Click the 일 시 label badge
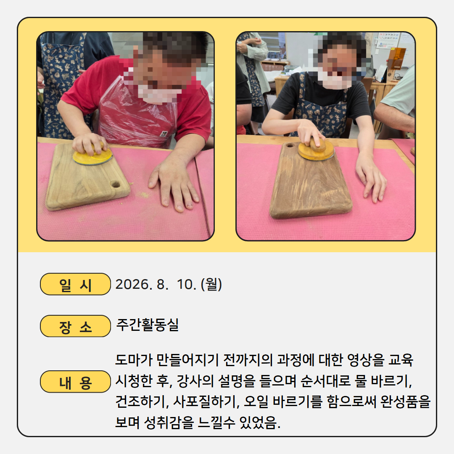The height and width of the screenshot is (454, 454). (x=75, y=284)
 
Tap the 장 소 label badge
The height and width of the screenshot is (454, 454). (x=75, y=326)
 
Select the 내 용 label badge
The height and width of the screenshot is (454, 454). (x=75, y=382)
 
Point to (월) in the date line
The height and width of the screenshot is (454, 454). (x=211, y=284)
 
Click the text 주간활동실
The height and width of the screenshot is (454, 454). (x=148, y=325)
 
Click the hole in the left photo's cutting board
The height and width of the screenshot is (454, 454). (x=116, y=184)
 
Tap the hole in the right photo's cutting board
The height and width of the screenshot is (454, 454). (x=290, y=145)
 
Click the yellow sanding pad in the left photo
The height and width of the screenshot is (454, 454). (x=92, y=156)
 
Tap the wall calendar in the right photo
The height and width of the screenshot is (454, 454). (x=388, y=40)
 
